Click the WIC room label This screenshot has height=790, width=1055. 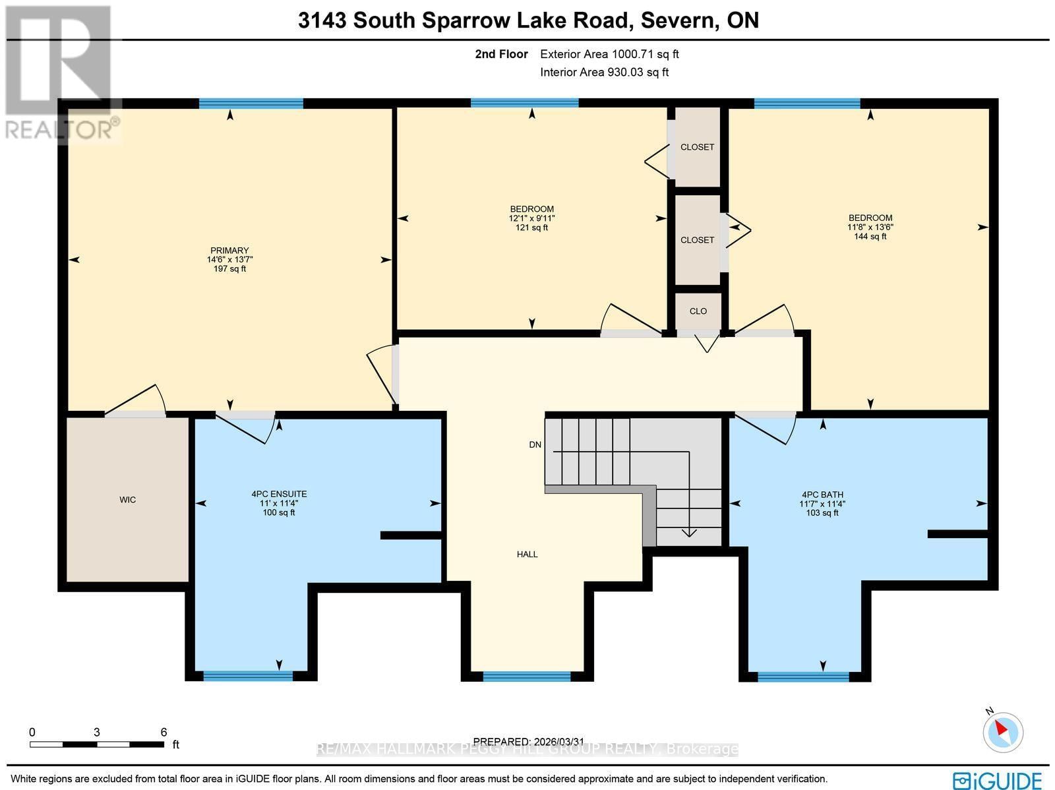pos(127,500)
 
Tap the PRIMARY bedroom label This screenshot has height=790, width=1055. pos(229,251)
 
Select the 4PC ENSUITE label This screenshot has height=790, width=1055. pos(279,494)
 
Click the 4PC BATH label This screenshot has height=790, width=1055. pos(822,495)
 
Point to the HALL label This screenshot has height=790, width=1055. pos(527,555)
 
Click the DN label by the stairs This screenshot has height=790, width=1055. pos(535,445)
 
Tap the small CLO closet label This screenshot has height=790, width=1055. pos(698,311)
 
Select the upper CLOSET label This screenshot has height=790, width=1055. pos(697,147)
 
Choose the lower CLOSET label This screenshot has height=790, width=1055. pos(697,240)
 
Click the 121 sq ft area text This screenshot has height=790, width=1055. pos(531,228)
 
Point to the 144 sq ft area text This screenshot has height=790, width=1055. pos(870,236)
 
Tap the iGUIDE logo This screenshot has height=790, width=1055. pos(998,780)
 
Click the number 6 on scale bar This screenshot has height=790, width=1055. pos(164,732)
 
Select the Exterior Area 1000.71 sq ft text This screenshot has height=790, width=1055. pos(609,54)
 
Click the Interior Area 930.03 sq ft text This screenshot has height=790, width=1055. pos(604,73)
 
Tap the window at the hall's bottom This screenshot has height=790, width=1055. pos(526,676)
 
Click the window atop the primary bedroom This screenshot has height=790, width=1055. pos(251,104)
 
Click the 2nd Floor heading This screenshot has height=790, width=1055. pos(501,54)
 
